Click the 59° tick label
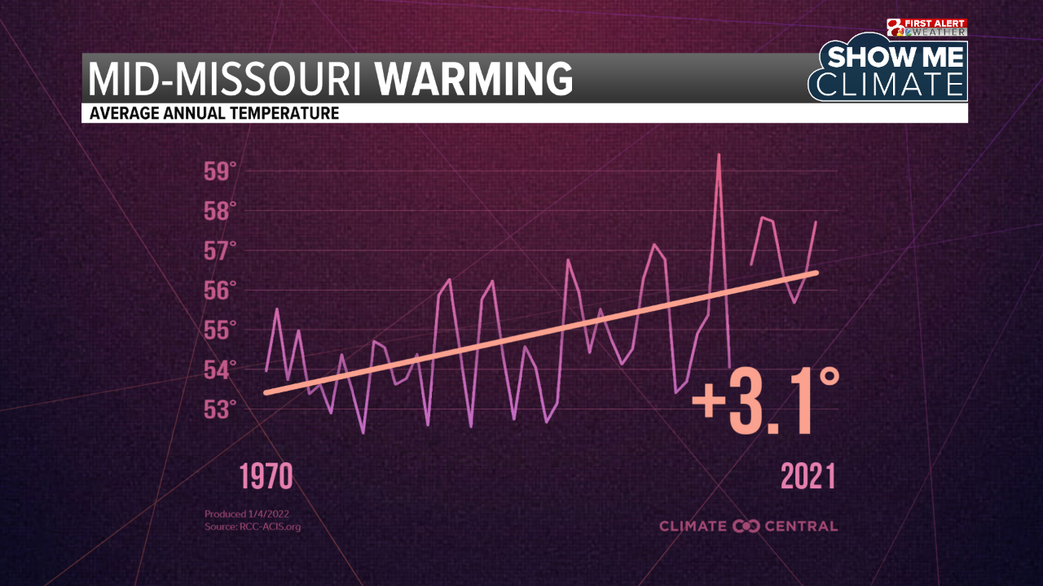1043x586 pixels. coord(219,172)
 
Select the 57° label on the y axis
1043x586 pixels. coord(219,251)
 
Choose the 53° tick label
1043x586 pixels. coord(219,409)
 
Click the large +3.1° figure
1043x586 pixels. coord(764,400)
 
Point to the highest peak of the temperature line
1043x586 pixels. coord(719,155)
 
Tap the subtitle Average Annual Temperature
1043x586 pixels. coord(213,114)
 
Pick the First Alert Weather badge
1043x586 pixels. coord(926,28)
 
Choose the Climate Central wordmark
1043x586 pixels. coord(748,526)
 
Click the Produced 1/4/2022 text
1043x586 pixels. coord(247,514)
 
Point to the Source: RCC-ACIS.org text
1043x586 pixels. coord(253,527)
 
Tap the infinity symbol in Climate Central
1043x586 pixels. coord(746,526)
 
